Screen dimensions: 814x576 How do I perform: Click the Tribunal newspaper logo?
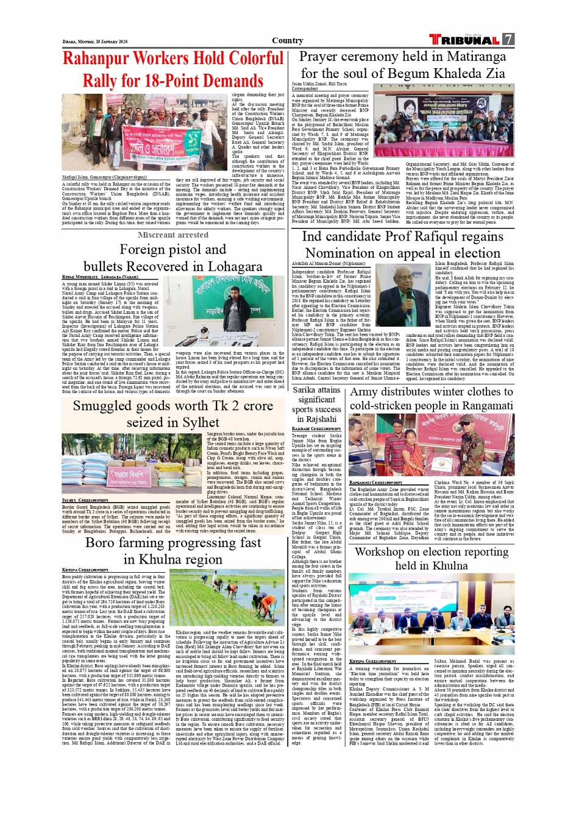click(464, 40)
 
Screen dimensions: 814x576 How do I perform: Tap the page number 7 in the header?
click(508, 40)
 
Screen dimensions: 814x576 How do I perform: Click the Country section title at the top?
click(287, 41)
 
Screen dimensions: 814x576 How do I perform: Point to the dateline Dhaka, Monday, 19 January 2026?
click(95, 42)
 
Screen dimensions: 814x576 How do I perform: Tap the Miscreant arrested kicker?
click(172, 235)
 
